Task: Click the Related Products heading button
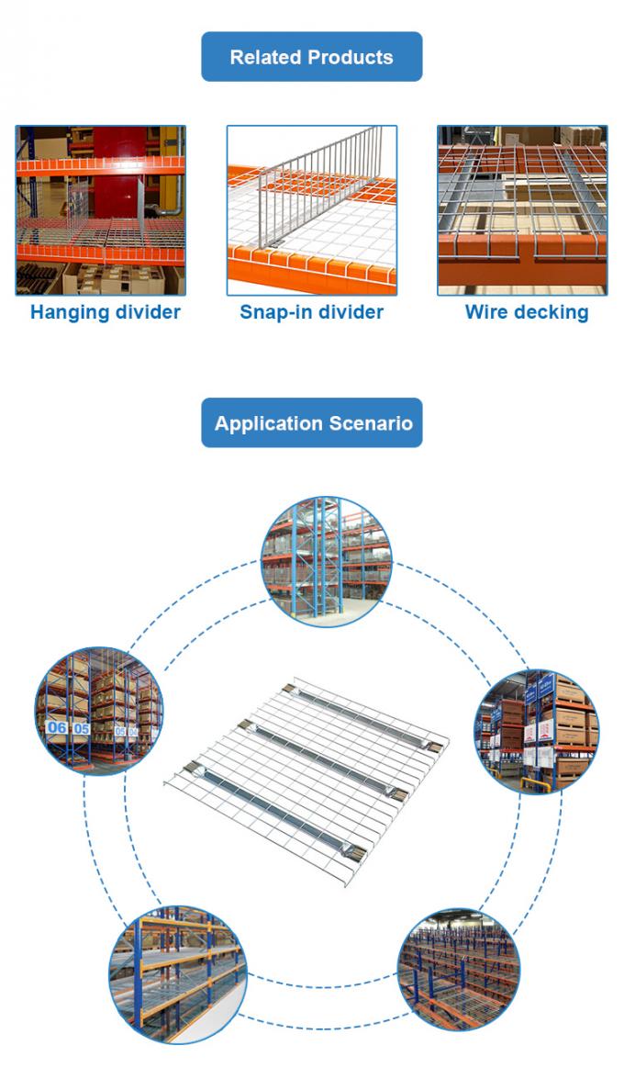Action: (312, 57)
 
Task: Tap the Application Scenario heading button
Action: (312, 423)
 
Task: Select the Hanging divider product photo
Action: (100, 210)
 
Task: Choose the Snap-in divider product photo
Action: (312, 210)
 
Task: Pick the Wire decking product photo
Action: (522, 210)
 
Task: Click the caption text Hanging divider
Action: (105, 312)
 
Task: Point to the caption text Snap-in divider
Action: (312, 312)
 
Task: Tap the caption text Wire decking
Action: (526, 312)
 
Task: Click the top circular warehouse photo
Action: (327, 560)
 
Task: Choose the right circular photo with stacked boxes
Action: (536, 731)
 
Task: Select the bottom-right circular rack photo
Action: (459, 969)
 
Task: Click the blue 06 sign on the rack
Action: (57, 727)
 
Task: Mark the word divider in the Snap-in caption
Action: (349, 312)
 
